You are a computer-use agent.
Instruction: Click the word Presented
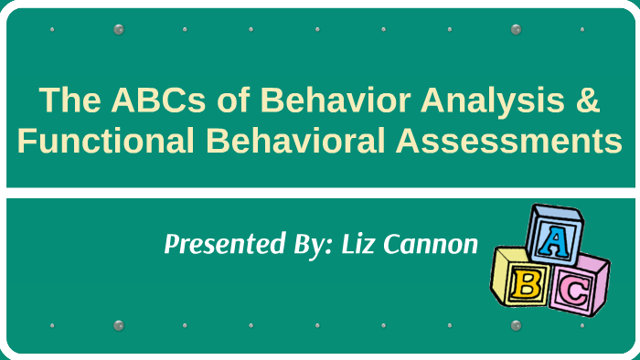tap(213, 245)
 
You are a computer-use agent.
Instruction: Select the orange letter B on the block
tap(526, 285)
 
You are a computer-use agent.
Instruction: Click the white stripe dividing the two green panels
tap(320, 193)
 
